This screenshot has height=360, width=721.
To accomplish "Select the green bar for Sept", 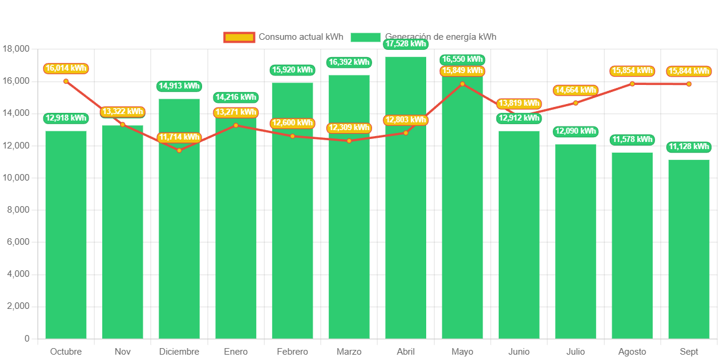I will (689, 250).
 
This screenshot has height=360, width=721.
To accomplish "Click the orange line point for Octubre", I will (66, 81).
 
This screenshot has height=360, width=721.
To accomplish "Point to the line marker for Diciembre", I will (179, 150).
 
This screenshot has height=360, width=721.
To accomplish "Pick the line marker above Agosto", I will (632, 84).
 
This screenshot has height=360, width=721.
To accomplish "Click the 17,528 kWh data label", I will (405, 44).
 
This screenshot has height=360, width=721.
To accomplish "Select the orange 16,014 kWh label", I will (65, 68).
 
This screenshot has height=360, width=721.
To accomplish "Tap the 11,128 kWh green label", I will (689, 147).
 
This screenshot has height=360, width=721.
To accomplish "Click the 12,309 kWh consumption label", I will (349, 128).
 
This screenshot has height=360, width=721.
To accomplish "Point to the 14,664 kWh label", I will (575, 90).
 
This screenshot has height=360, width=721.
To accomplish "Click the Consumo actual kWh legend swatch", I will (239, 37).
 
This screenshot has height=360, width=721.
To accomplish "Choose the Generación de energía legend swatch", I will (366, 37).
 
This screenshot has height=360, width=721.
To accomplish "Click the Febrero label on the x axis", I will (292, 352).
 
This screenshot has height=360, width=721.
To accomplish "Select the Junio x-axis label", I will (519, 352).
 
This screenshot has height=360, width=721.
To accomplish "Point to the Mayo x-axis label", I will (462, 352).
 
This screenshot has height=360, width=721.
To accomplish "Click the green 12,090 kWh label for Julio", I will (575, 131).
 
